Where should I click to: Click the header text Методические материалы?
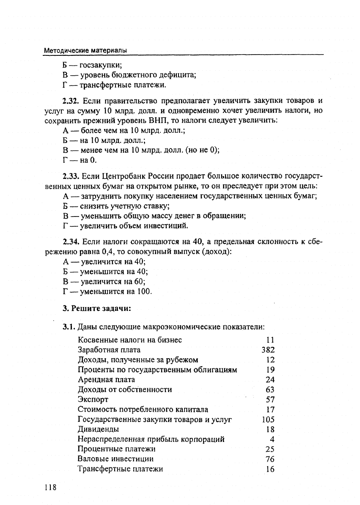point(86,50)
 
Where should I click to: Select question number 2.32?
point(71,101)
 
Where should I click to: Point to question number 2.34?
point(71,242)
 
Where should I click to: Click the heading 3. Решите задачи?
point(96,308)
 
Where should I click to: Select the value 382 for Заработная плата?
point(268,350)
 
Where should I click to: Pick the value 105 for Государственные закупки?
point(268,420)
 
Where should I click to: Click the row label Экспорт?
point(93,399)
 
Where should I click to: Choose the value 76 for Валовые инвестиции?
point(270,459)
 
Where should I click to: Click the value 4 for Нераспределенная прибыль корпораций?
point(272,439)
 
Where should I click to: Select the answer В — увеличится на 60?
point(104,282)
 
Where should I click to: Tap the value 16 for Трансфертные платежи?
point(270,469)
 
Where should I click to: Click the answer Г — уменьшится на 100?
point(107,291)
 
